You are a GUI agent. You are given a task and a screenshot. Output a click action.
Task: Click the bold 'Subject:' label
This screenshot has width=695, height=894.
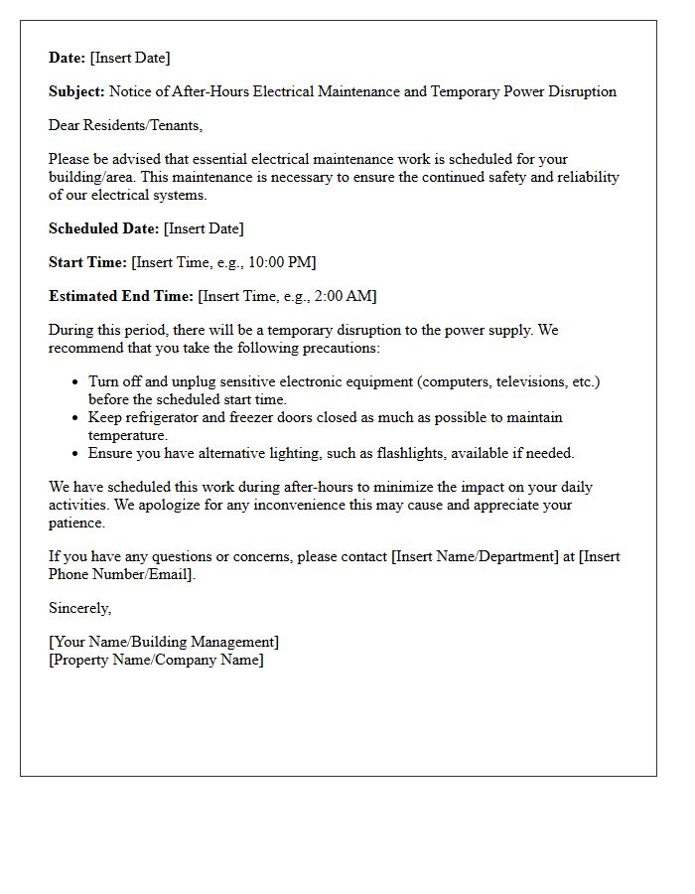(76, 91)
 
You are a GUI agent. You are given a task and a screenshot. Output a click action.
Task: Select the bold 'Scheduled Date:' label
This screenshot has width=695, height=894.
(103, 228)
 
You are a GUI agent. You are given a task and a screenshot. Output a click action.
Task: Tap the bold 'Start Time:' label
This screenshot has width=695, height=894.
(87, 262)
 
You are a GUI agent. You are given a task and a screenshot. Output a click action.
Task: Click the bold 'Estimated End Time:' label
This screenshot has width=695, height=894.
(121, 296)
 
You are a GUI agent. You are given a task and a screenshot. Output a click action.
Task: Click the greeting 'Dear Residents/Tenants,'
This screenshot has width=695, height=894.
(125, 125)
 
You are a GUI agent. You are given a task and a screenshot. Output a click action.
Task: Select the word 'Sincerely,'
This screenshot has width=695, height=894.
(79, 608)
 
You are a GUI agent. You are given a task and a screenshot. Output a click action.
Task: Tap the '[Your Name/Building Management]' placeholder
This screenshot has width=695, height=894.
(164, 642)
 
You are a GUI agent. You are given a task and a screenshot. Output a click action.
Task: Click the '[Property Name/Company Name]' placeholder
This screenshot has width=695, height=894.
(156, 660)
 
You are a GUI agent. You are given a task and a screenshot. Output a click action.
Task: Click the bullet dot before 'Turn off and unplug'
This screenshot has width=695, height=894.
(76, 382)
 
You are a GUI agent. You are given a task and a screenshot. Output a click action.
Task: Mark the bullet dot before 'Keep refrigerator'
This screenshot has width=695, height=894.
(76, 418)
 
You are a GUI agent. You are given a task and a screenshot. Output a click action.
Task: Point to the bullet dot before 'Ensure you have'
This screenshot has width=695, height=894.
(76, 454)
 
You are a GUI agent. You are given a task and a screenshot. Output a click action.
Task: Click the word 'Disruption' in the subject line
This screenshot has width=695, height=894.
(579, 91)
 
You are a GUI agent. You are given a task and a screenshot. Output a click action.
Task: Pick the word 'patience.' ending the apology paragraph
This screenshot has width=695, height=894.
(76, 522)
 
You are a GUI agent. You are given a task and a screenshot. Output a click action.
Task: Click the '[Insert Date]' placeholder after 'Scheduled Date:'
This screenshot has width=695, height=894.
(204, 228)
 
